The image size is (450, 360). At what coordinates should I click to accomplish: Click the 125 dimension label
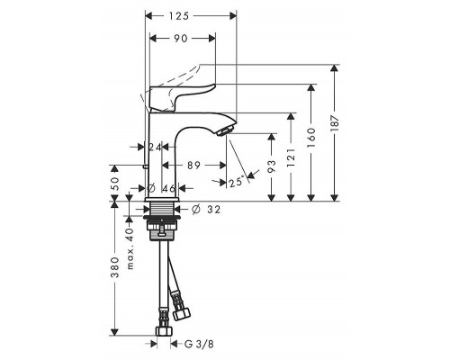178,16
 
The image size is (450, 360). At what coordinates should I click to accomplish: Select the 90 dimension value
181,39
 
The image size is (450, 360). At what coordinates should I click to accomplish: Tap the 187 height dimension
335,122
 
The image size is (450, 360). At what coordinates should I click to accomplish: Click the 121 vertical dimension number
291,157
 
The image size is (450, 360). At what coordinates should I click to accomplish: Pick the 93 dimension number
271,166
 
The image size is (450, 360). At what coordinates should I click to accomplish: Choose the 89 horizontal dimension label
193,165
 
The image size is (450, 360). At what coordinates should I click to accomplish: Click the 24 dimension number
155,147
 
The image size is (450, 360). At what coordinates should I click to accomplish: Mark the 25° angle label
236,182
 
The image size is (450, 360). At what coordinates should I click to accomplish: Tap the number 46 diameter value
168,188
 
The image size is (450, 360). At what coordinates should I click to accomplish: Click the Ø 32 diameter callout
206,209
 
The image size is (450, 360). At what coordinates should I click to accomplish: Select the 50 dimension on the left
115,184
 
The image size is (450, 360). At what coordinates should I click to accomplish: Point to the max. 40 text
130,248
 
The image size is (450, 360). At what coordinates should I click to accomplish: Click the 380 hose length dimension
115,267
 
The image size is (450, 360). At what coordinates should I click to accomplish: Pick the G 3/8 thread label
199,344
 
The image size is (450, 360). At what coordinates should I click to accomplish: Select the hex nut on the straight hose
164,331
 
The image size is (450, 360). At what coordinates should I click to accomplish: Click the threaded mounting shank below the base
162,209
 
